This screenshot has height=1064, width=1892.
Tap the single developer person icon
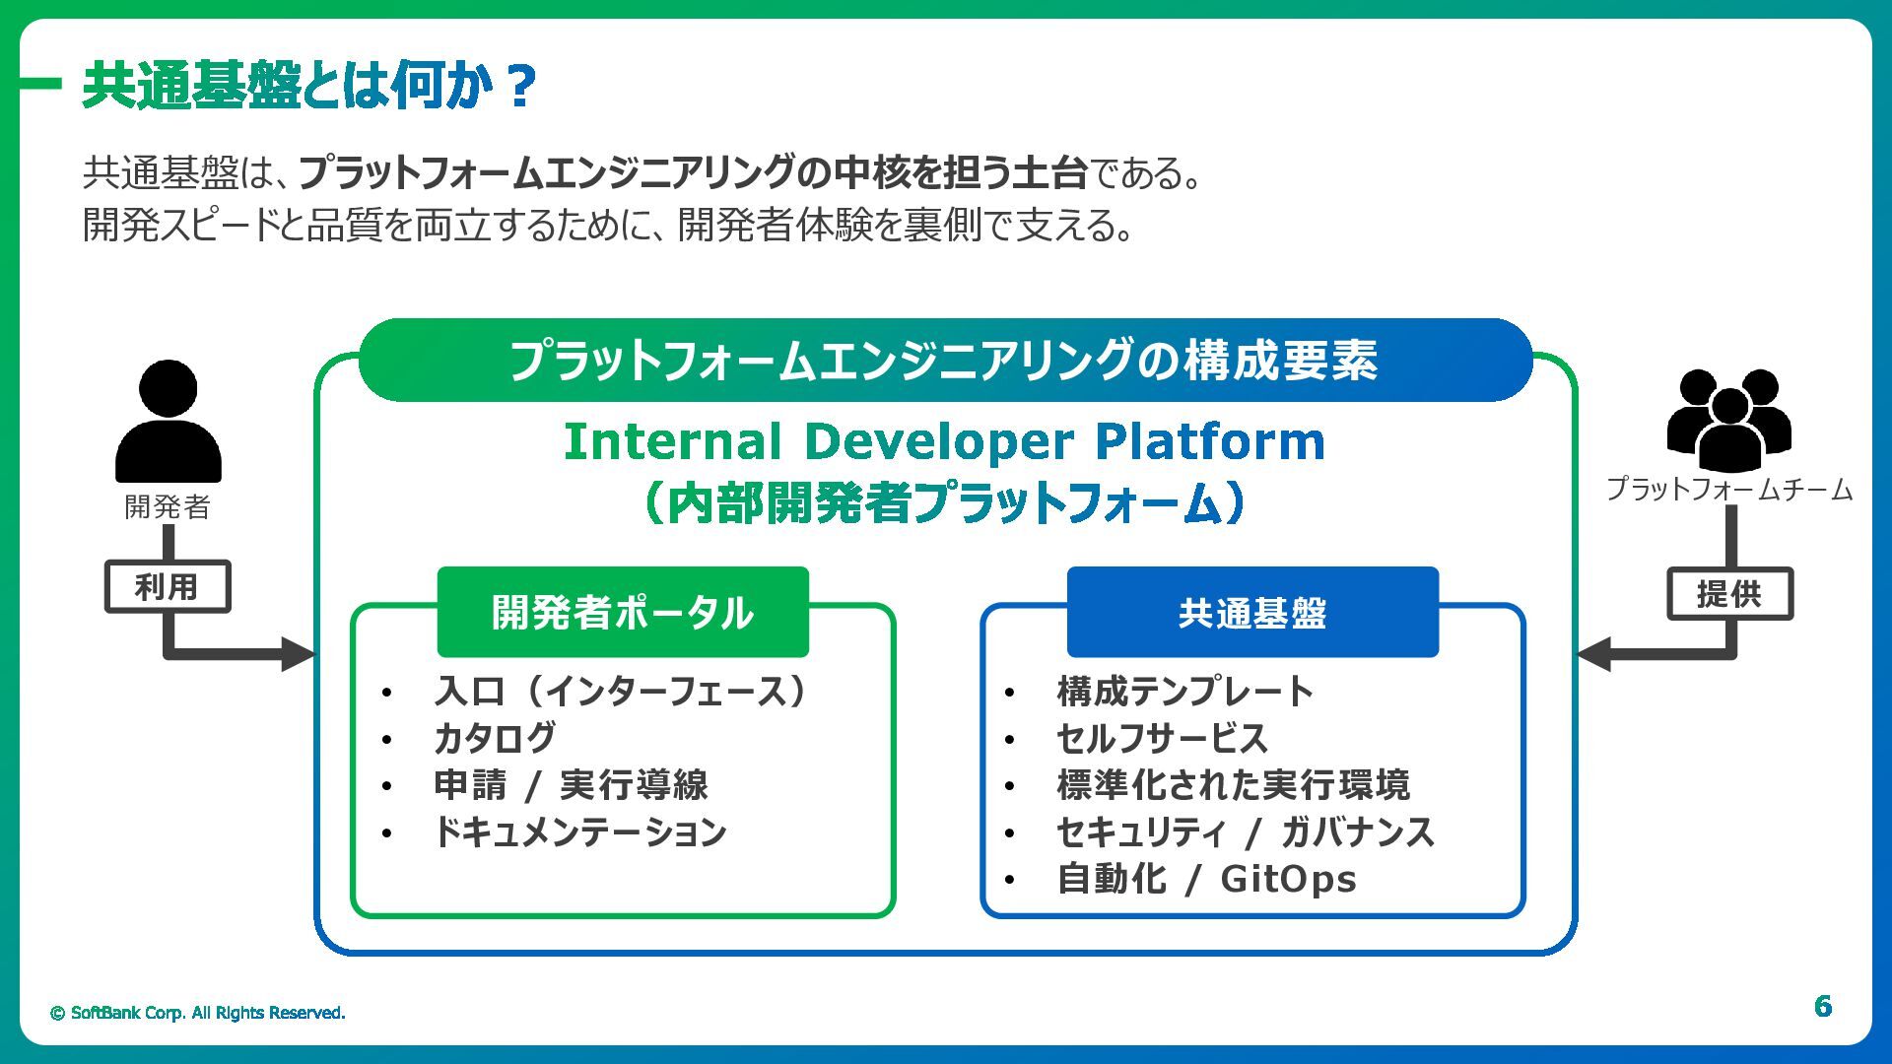pos(169,422)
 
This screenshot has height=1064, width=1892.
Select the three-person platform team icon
pos(1728,419)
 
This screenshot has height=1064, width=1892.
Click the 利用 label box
pos(168,587)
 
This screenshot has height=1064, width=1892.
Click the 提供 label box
pos(1729,594)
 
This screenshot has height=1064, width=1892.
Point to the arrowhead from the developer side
pos(298,653)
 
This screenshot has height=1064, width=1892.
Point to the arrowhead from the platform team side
pos(1594,653)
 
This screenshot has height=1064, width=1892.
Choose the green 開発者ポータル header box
pos(623,613)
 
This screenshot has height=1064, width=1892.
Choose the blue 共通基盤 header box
pos(1252,613)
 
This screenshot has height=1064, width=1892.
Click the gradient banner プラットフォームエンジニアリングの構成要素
pos(944,361)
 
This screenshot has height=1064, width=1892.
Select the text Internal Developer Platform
pos(944,441)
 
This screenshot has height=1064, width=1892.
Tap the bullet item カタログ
pos(495,738)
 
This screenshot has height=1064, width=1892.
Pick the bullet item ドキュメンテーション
pos(580,832)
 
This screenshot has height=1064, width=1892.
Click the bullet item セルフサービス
pos(1162,738)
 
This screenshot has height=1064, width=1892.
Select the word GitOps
pos(1288,879)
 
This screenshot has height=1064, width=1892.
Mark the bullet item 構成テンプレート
pos(1185,692)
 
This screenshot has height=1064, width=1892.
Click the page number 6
pos(1823,1006)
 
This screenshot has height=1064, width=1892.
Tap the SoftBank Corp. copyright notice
pos(198,1013)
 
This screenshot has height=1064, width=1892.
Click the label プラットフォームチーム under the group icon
pos(1729,490)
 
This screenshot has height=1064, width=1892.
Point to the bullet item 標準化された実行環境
pos(1233,785)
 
